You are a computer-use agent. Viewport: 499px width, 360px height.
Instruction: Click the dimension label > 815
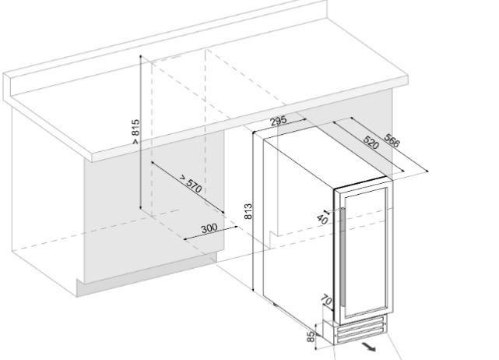(135, 132)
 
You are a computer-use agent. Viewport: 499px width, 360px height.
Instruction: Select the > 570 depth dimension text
(190, 183)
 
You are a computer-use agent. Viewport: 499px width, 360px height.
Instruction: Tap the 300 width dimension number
(209, 228)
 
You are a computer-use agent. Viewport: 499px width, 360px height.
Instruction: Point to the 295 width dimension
(279, 121)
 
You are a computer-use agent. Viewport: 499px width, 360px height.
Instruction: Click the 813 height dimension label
(248, 211)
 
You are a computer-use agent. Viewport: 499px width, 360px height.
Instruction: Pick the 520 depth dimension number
(371, 143)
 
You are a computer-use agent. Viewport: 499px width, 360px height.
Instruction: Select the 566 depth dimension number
(392, 140)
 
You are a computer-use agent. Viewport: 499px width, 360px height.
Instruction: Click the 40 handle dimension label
(322, 219)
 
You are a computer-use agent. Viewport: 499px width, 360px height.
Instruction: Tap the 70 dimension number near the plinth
(326, 300)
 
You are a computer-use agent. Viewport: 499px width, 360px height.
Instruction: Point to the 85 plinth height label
(311, 337)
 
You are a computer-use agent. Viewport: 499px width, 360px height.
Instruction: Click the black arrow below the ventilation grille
(368, 347)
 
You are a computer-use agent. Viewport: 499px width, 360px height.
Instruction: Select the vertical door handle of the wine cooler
(343, 257)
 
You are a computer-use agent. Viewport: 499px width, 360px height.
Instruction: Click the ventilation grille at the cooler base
(360, 332)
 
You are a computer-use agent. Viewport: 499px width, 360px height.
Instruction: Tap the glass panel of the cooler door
(364, 252)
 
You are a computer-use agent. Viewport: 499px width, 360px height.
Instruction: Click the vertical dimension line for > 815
(141, 132)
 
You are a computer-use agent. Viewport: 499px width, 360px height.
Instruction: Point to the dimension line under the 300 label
(211, 232)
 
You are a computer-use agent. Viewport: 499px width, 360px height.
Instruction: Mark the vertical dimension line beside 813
(253, 211)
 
